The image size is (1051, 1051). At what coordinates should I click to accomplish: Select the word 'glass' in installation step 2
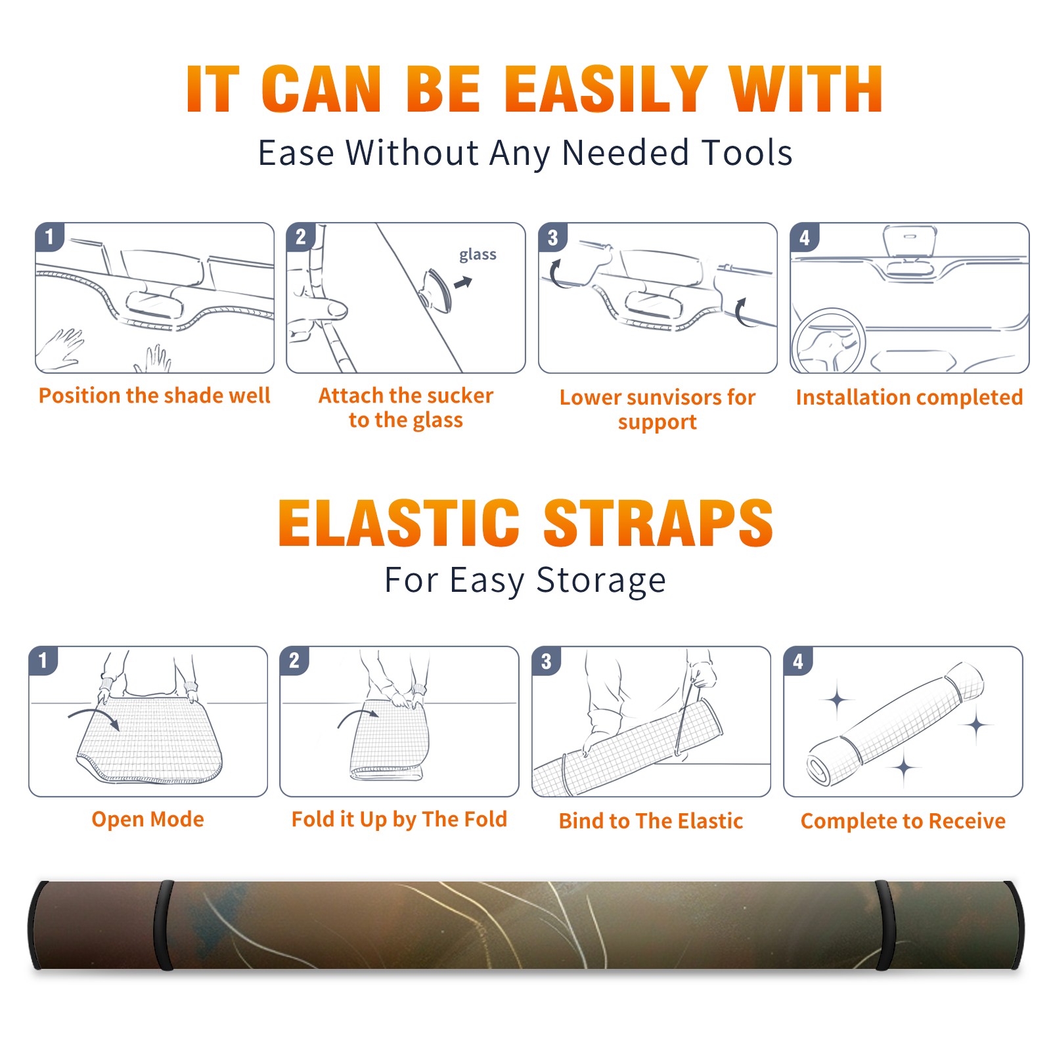pos(478,255)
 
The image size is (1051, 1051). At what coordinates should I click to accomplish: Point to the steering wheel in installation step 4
pos(828,341)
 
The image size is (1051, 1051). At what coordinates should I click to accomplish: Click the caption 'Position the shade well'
pos(154,395)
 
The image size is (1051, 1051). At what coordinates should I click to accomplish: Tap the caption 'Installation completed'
pos(909,397)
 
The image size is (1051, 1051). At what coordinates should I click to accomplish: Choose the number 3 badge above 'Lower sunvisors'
pos(552,238)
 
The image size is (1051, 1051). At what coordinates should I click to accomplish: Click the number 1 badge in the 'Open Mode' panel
pos(43,660)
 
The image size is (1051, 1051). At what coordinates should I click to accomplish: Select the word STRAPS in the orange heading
pos(658,523)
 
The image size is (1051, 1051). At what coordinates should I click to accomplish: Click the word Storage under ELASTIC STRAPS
pos(601,581)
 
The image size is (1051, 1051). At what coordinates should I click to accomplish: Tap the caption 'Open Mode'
pos(148,819)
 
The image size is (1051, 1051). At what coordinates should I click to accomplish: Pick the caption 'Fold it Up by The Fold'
pos(399,819)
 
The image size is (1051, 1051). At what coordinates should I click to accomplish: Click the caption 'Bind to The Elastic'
pos(651,820)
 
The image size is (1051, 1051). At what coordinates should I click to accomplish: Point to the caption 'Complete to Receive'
pos(903,821)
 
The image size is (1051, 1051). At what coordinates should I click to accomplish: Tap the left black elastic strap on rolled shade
pos(164,925)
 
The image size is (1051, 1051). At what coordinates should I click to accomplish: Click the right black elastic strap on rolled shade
pos(885,925)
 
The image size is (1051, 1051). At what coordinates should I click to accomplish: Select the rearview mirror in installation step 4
pos(909,240)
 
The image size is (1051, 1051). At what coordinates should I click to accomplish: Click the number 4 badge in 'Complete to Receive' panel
pos(798,661)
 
